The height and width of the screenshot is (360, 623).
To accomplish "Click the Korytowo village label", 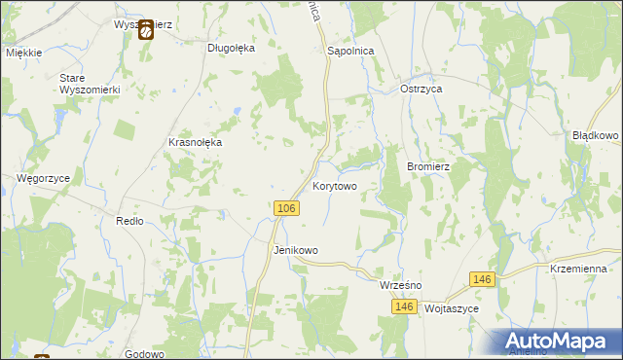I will click(336, 185).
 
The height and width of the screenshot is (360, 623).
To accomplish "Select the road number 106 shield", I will click(285, 209).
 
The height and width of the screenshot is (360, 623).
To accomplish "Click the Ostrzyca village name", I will click(422, 89).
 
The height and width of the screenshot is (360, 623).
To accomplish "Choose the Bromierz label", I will click(427, 166).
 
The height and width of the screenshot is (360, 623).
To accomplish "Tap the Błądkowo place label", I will click(596, 136).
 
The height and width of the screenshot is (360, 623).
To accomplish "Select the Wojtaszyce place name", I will click(453, 307).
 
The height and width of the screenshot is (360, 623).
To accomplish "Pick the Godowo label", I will click(144, 354).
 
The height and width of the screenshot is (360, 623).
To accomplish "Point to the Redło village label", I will click(129, 221).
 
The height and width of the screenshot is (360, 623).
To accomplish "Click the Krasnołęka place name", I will click(196, 142).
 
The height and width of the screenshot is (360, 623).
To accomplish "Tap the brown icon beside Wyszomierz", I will click(145, 30).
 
